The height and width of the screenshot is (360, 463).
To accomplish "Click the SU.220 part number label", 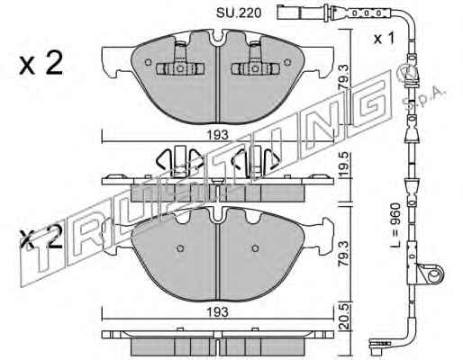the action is pyautogui.click(x=239, y=13).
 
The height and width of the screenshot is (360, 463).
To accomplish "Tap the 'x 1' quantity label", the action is pyautogui.click(x=384, y=39).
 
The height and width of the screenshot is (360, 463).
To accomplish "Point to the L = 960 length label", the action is pyautogui.click(x=395, y=225).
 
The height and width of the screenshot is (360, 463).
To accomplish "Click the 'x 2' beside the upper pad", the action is pyautogui.click(x=41, y=63).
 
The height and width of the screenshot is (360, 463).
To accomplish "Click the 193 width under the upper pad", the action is pyautogui.click(x=218, y=135).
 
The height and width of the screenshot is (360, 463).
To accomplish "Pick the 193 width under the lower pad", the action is pyautogui.click(x=218, y=312).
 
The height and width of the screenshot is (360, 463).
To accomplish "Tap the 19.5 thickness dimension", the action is pyautogui.click(x=344, y=165).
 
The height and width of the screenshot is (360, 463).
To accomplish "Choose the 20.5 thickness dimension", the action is pyautogui.click(x=344, y=317).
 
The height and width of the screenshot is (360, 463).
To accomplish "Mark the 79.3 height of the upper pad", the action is pyautogui.click(x=344, y=78).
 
